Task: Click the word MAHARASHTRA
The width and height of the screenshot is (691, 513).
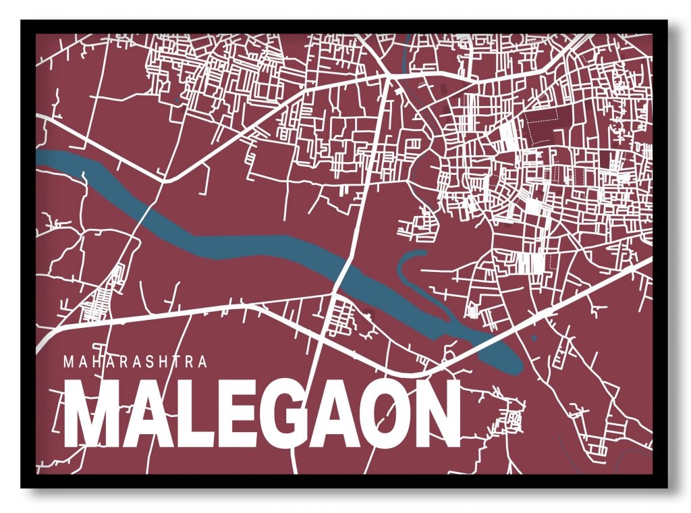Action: point(135,361)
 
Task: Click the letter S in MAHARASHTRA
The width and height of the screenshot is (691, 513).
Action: point(149,361)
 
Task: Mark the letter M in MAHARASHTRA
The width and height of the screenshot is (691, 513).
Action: point(67,361)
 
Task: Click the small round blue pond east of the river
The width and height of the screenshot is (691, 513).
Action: point(533,337)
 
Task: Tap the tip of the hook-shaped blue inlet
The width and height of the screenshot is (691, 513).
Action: point(423,253)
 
